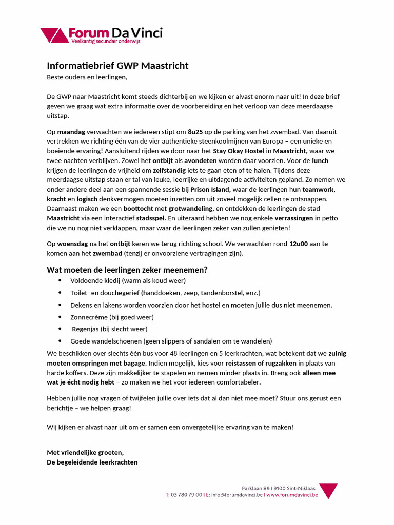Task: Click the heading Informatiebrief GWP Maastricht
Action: (117, 66)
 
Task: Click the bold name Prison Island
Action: (210, 189)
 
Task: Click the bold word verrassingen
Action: (293, 218)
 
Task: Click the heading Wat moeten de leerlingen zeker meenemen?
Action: (127, 270)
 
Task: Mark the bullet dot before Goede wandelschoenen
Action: (60, 341)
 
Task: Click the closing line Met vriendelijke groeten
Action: (85, 452)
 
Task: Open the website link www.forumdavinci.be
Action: (292, 495)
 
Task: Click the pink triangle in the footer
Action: (328, 491)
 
